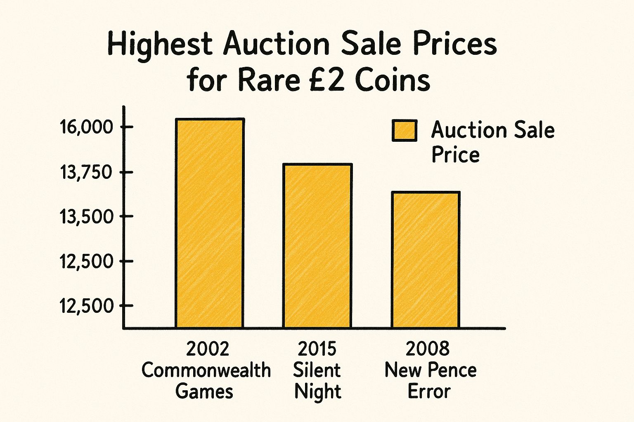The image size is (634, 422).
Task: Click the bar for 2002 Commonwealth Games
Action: tap(209, 223)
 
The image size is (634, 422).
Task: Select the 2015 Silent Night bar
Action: tap(317, 246)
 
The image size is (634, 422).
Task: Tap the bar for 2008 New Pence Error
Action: tap(426, 260)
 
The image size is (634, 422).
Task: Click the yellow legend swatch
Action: tap(404, 131)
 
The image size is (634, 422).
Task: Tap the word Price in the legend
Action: tap(455, 155)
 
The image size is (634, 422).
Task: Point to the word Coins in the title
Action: tap(392, 80)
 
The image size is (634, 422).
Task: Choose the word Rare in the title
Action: tap(269, 80)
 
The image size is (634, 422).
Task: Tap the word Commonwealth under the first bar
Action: tap(206, 370)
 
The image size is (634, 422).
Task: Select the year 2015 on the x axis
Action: tap(317, 349)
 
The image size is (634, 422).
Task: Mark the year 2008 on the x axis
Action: tap(427, 349)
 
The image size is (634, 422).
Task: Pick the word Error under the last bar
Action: tap(429, 391)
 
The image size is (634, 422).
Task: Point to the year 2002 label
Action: tap(207, 349)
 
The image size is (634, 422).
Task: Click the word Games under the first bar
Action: tap(204, 391)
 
